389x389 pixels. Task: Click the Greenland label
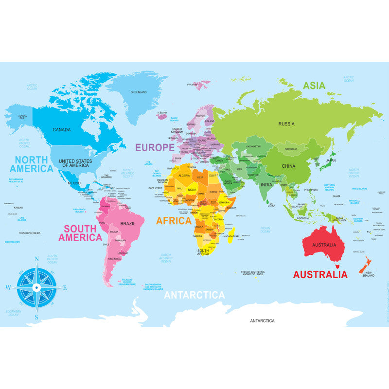(x=139, y=92)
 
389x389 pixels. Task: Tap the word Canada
(x=62, y=130)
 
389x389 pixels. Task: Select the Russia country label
(x=286, y=124)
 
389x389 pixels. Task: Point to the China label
(x=288, y=166)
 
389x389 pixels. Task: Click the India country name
(x=266, y=185)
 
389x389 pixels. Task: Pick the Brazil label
(x=128, y=223)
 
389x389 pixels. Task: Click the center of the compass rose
(x=36, y=287)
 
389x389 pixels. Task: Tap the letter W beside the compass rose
(x=8, y=287)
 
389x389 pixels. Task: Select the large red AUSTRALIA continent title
(x=320, y=274)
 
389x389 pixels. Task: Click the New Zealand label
(x=368, y=274)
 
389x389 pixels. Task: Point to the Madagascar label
(x=230, y=236)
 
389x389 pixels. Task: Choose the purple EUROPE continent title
(x=154, y=147)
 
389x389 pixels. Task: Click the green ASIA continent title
(x=314, y=86)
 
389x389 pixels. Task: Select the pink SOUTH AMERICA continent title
(x=80, y=233)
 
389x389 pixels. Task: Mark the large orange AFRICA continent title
(x=174, y=220)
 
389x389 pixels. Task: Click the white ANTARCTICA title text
(x=194, y=295)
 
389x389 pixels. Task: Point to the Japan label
(x=331, y=160)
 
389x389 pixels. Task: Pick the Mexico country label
(x=74, y=183)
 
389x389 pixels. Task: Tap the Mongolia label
(x=291, y=149)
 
